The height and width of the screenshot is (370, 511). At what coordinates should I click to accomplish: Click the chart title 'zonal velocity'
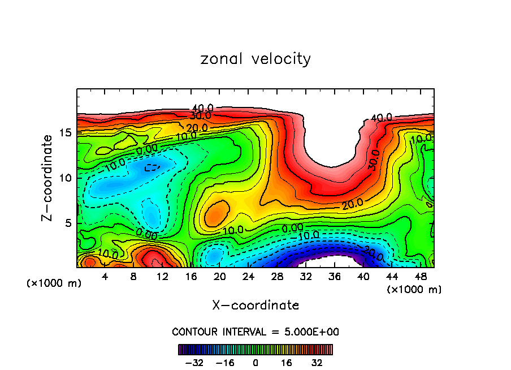255,59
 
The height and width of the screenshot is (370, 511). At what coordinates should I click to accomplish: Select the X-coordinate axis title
255,306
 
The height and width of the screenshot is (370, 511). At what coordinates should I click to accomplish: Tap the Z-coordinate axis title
47,178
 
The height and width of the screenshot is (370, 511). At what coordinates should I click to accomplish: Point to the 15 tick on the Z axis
66,132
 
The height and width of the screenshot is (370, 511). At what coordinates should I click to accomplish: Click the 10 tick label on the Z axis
66,178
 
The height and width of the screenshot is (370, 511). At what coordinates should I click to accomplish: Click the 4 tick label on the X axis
105,277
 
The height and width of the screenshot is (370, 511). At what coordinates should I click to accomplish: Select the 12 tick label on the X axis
162,277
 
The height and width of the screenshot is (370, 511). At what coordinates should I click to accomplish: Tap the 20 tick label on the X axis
220,277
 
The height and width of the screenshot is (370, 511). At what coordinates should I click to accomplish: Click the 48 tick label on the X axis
421,277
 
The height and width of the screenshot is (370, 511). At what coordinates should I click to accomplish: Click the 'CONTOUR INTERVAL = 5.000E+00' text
255,332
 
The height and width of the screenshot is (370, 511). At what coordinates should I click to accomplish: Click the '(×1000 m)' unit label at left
54,283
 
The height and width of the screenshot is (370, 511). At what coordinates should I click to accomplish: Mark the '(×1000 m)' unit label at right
414,290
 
